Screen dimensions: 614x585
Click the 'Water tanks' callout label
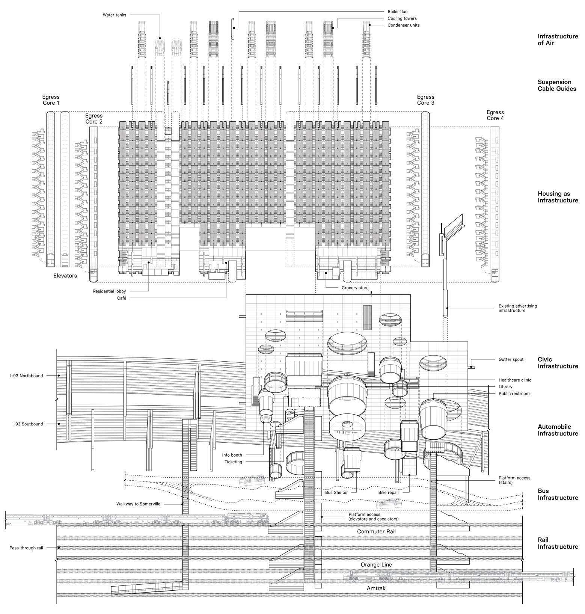[x=115, y=15]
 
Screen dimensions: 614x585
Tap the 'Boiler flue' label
[x=397, y=12]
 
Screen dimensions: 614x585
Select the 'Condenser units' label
[x=404, y=25]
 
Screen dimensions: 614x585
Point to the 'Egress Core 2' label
[x=94, y=119]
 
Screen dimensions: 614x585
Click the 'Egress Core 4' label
[x=495, y=115]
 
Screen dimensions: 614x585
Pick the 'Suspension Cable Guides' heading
[x=556, y=85]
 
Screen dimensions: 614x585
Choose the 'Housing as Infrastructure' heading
[x=558, y=197]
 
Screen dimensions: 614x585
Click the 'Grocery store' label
[x=355, y=288]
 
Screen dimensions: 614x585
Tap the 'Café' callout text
[x=121, y=298]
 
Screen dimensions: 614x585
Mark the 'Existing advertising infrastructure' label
[x=517, y=308]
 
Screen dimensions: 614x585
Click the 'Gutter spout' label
[x=511, y=359]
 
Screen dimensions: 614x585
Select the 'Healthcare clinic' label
[x=515, y=380]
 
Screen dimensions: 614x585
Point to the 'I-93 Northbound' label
[x=27, y=376]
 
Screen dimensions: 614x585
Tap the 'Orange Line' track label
[x=376, y=565]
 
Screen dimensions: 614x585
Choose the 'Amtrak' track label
[x=376, y=588]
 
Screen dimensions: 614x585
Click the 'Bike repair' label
[x=389, y=492]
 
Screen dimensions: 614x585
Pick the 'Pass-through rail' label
[x=26, y=548]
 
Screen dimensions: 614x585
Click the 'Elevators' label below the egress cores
[x=65, y=276]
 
